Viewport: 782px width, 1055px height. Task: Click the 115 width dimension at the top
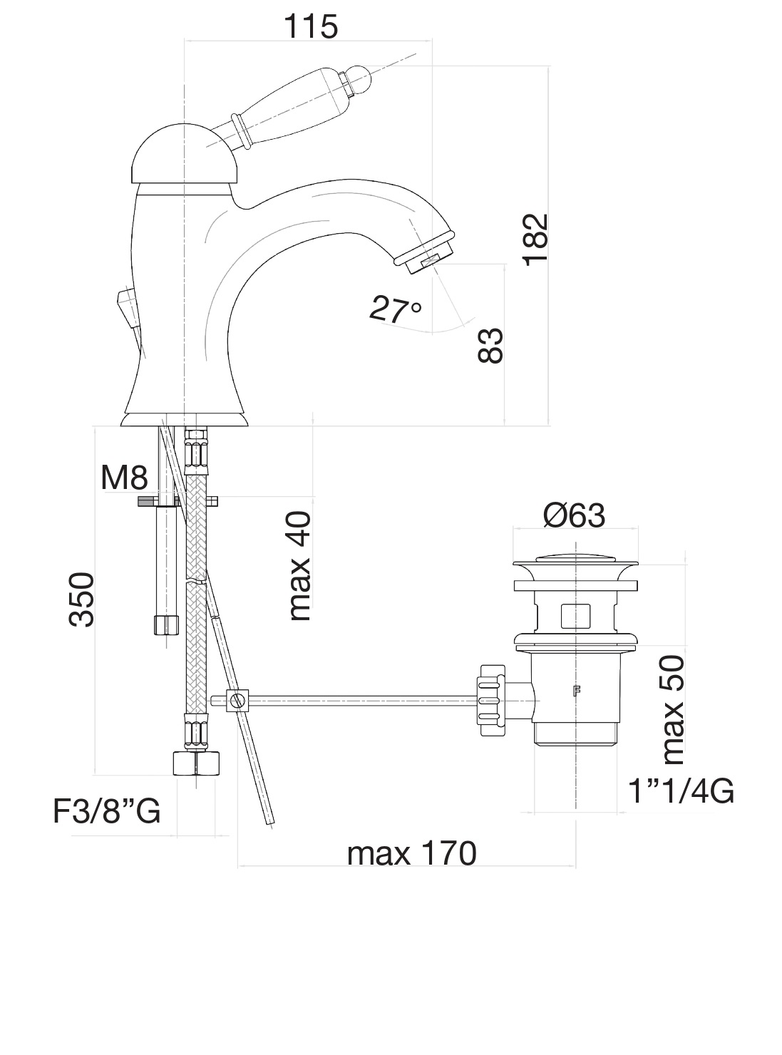(311, 26)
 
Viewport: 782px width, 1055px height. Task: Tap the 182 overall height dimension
(535, 239)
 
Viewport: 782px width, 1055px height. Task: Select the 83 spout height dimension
(491, 346)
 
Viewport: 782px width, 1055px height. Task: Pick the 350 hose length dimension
(82, 599)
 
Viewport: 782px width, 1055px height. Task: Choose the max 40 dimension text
(299, 566)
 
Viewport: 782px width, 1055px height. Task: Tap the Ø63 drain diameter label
(574, 515)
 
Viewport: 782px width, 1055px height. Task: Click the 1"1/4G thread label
(680, 791)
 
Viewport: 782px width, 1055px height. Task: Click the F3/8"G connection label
(107, 811)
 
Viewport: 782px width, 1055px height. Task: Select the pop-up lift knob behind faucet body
(125, 307)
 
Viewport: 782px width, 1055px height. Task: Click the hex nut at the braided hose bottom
(195, 762)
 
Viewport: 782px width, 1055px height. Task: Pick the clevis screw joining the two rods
(238, 701)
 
